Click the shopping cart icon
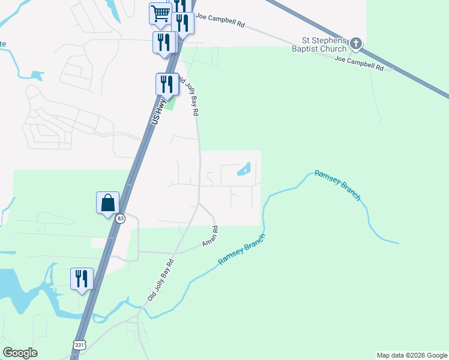click(160, 13)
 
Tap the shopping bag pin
click(108, 202)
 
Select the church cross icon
click(357, 43)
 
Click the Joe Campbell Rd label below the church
click(359, 64)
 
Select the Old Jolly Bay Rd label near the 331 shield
click(160, 280)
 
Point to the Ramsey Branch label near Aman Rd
click(241, 251)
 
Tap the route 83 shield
click(121, 218)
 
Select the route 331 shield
click(80, 344)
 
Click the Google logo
click(20, 353)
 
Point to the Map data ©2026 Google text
click(412, 355)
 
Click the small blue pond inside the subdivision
click(244, 170)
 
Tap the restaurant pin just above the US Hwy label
click(167, 84)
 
